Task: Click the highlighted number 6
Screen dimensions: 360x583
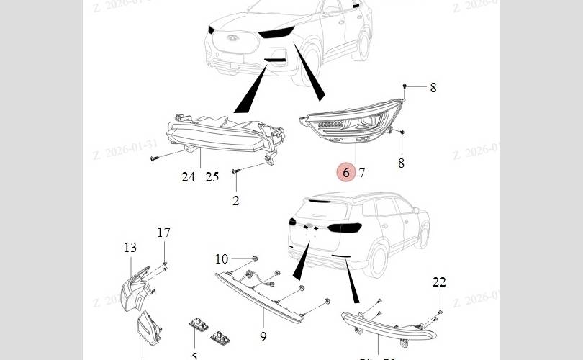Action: pyautogui.click(x=346, y=172)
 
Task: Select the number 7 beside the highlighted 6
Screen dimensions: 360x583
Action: pyautogui.click(x=362, y=173)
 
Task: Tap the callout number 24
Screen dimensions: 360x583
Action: pyautogui.click(x=188, y=177)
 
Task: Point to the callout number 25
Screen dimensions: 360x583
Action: pyautogui.click(x=212, y=177)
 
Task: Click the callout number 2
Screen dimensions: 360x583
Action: pyautogui.click(x=236, y=201)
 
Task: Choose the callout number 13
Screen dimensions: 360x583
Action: pyautogui.click(x=130, y=248)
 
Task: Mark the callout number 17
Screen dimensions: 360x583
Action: pyautogui.click(x=164, y=233)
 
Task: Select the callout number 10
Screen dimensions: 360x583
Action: pyautogui.click(x=222, y=259)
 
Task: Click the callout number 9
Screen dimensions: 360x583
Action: pyautogui.click(x=263, y=336)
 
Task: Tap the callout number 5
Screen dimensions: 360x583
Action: pyautogui.click(x=194, y=356)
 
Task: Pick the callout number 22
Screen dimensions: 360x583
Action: pyautogui.click(x=439, y=282)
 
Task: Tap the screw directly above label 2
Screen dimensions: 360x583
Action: pyautogui.click(x=236, y=172)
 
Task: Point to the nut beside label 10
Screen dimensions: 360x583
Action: pyautogui.click(x=255, y=258)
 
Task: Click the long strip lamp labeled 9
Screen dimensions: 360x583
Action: pyautogui.click(x=266, y=299)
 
